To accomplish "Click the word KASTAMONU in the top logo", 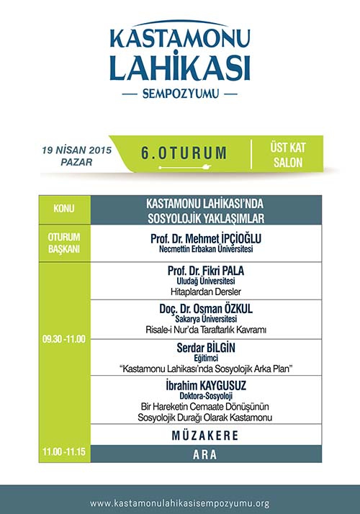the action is (x=179, y=38).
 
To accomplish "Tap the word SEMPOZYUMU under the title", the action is (x=180, y=94).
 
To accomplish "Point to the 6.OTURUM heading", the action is (x=184, y=153).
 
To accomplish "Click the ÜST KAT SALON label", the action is (x=288, y=155).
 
